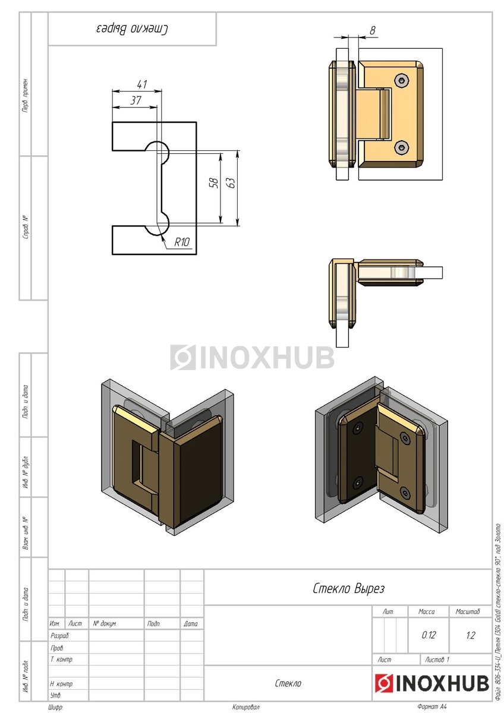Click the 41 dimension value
pyautogui.click(x=141, y=84)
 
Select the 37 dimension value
pyautogui.click(x=136, y=100)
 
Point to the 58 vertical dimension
pyautogui.click(x=214, y=182)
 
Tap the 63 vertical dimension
pyautogui.click(x=232, y=182)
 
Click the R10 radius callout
pyautogui.click(x=182, y=242)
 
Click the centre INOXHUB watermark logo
pyautogui.click(x=252, y=357)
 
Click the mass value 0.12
pyautogui.click(x=429, y=635)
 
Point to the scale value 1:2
pyautogui.click(x=471, y=635)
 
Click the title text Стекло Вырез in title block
pyautogui.click(x=349, y=589)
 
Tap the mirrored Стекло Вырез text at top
pyautogui.click(x=132, y=29)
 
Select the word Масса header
pyautogui.click(x=427, y=611)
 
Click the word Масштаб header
pyautogui.click(x=468, y=611)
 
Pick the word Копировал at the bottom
pyautogui.click(x=245, y=707)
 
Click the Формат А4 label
pyautogui.click(x=431, y=707)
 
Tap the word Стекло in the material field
pyautogui.click(x=288, y=683)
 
